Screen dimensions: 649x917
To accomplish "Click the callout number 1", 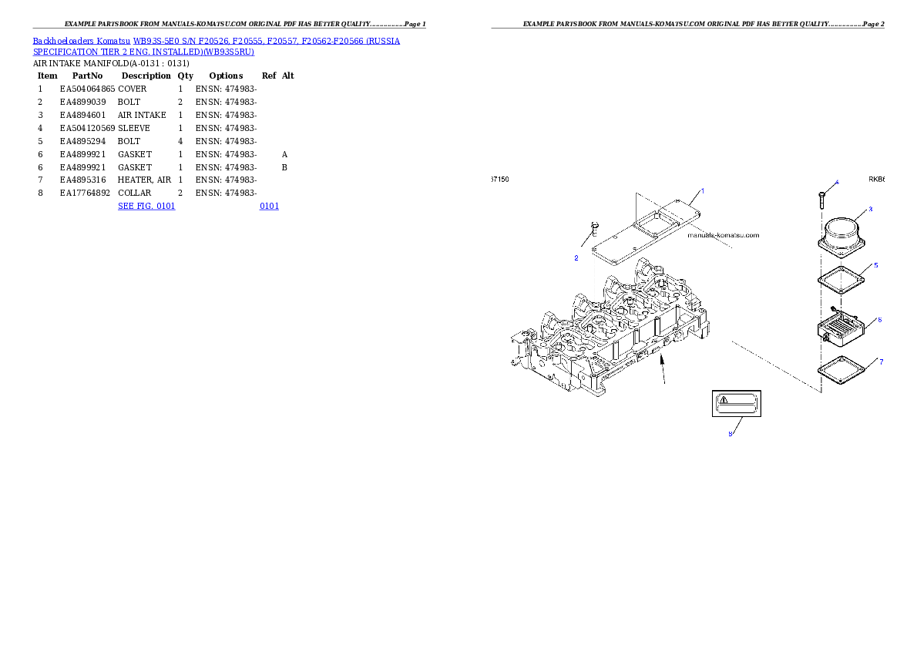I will tap(702, 190).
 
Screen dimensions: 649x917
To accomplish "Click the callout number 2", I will tap(576, 258).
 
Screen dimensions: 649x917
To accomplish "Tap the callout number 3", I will tap(870, 209).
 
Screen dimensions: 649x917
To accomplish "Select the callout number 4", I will tap(837, 183).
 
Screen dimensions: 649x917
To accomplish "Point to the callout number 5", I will tap(875, 265).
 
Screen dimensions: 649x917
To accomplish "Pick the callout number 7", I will tap(881, 361).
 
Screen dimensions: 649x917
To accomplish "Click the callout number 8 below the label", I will tap(731, 433).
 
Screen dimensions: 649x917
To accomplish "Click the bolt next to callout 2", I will tap(593, 230).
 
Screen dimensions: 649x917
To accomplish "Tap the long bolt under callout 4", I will tap(822, 200).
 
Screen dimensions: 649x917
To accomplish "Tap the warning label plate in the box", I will tap(737, 402).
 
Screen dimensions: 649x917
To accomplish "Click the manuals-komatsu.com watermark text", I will tap(723, 235).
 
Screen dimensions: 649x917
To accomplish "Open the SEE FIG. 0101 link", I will tap(146, 206).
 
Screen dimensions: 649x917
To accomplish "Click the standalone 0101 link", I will tap(269, 206).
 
